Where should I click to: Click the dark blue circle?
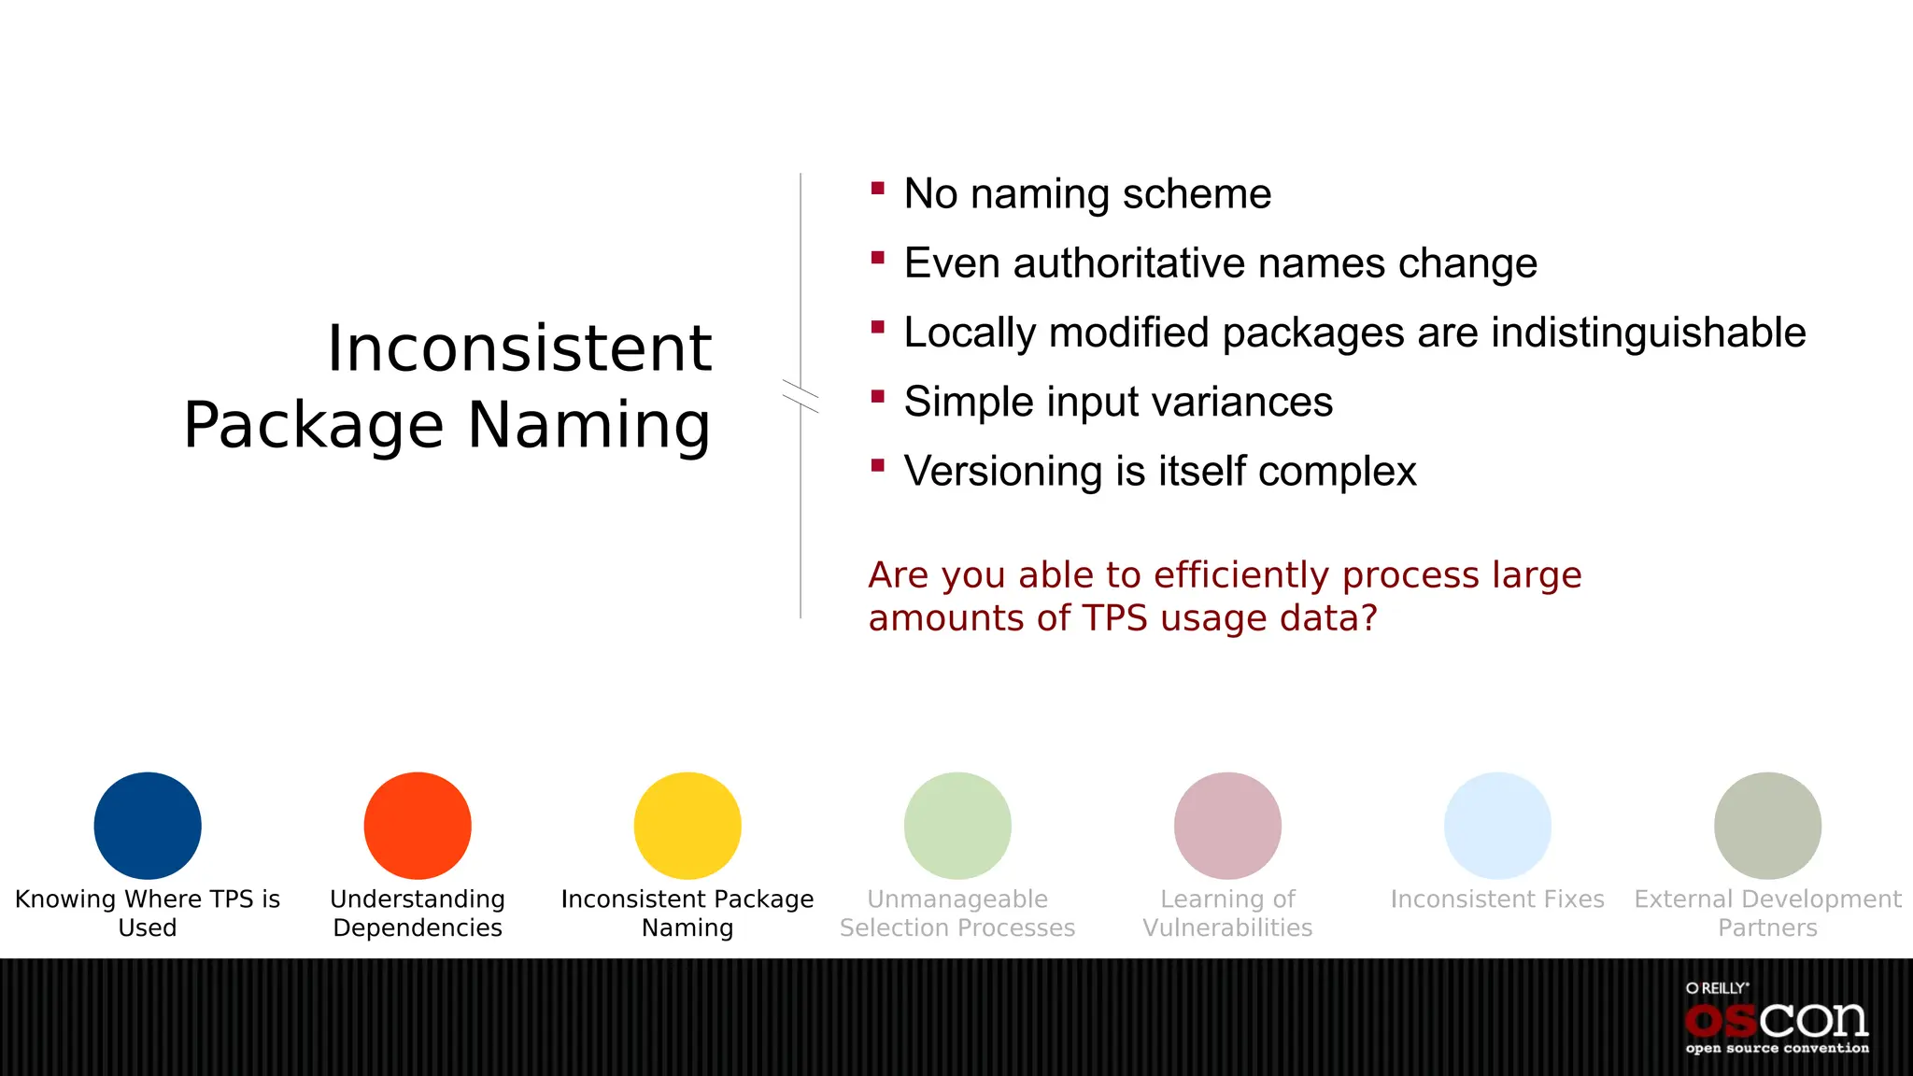[x=148, y=826]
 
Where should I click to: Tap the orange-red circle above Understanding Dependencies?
[x=418, y=826]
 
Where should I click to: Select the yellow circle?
[x=687, y=826]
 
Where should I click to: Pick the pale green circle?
[x=957, y=826]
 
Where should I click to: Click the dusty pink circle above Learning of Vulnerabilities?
[x=1227, y=826]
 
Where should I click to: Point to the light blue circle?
[x=1497, y=826]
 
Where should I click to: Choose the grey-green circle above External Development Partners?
[x=1767, y=826]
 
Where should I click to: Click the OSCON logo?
[x=1777, y=1020]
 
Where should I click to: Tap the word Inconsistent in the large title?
[x=519, y=348]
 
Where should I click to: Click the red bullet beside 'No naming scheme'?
[x=877, y=189]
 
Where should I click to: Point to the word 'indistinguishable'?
[x=1648, y=333]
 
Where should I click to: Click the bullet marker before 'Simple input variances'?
[x=877, y=396]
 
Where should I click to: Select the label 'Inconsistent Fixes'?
[x=1497, y=899]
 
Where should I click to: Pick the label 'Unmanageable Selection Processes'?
[x=957, y=913]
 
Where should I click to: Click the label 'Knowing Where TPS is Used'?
[x=148, y=913]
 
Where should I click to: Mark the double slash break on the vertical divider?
[x=801, y=396]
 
